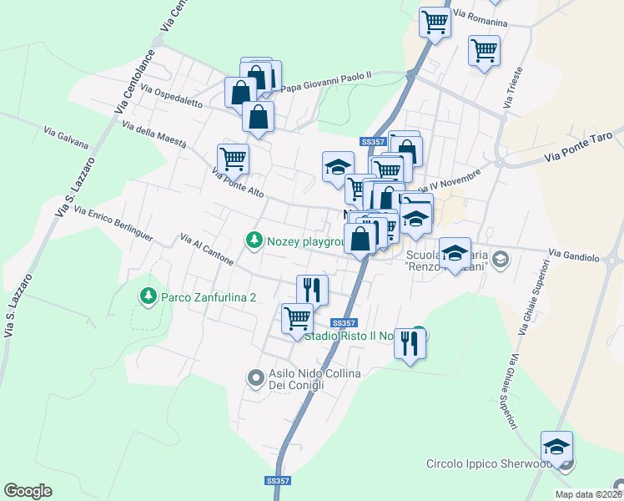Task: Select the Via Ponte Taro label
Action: point(583,146)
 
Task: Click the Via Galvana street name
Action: point(66,137)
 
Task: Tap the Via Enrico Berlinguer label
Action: point(113,224)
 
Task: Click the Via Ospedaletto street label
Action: point(172,96)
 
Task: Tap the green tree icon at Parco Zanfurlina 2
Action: point(148,296)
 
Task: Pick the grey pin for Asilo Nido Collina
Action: point(256,378)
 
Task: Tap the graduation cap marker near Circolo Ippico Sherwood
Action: point(556,446)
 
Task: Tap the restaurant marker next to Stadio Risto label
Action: point(410,342)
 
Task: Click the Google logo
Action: point(28,491)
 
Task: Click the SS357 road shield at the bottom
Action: point(277,481)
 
